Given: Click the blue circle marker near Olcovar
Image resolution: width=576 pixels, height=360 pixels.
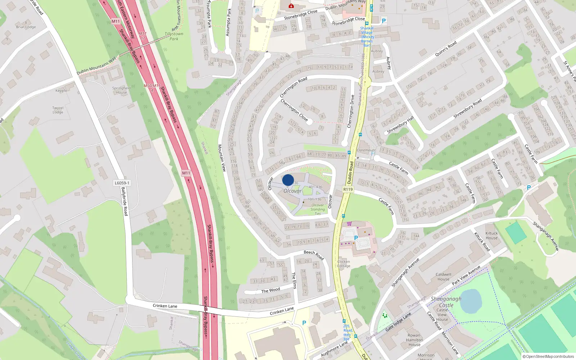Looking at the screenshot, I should (x=288, y=180).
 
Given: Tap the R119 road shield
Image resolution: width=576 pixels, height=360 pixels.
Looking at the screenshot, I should (x=348, y=189).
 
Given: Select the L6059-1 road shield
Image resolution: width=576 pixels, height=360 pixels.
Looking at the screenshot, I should (x=122, y=183).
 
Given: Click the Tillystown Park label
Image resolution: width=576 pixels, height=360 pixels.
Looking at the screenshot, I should (x=174, y=36).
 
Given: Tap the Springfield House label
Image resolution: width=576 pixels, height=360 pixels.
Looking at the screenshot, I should (x=121, y=90).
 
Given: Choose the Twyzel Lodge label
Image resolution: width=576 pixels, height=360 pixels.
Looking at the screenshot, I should (x=58, y=110).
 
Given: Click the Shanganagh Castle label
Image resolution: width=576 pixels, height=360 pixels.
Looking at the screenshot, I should (x=446, y=302).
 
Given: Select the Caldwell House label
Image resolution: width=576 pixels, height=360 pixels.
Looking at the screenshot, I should (x=443, y=276).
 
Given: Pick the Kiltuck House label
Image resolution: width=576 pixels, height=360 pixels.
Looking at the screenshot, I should (x=491, y=235).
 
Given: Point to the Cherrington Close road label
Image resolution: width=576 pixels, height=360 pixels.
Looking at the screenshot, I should (x=294, y=110).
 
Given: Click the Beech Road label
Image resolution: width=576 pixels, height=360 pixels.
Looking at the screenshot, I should (x=314, y=255).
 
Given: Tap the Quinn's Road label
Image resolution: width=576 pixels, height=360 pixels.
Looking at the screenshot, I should (x=446, y=49).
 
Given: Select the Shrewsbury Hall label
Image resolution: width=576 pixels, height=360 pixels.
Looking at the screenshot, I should (x=400, y=125).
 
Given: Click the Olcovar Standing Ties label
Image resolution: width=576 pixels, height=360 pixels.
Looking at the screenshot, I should (x=318, y=209).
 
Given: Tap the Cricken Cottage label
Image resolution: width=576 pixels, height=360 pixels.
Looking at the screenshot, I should (x=343, y=264).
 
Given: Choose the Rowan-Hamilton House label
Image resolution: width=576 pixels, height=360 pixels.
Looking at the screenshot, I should (x=414, y=340).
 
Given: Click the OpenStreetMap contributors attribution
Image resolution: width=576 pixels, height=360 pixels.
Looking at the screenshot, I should (x=548, y=356).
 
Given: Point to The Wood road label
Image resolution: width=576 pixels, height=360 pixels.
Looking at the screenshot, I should (x=270, y=291).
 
